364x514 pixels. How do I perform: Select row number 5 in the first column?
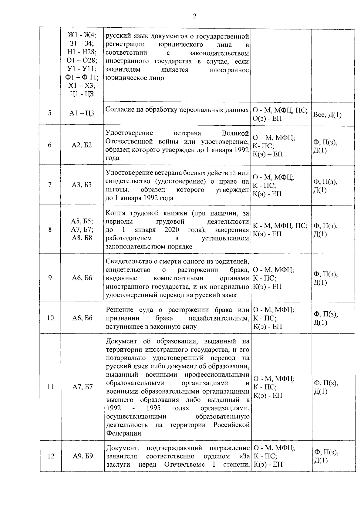point(49,113)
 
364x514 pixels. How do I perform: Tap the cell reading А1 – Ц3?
point(82,113)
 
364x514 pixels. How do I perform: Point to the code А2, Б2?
point(82,145)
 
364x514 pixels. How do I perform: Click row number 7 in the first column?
point(49,184)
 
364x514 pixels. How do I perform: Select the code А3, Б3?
point(82,184)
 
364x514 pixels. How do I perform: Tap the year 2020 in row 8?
point(172,230)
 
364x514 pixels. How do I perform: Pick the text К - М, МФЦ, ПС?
point(280,226)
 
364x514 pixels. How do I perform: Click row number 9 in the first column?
point(49,278)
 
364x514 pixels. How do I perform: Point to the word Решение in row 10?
point(120,310)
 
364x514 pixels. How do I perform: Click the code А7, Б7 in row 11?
point(82,387)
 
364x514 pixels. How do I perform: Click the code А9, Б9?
point(82,456)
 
